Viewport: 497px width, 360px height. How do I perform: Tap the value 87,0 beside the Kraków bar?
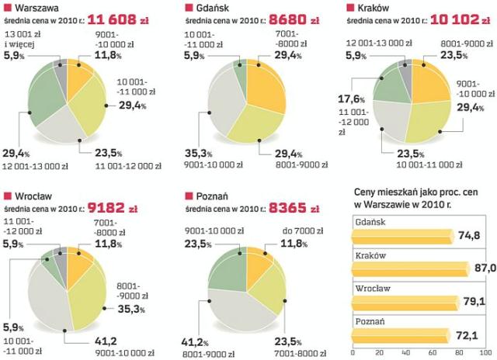tap(485, 268)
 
